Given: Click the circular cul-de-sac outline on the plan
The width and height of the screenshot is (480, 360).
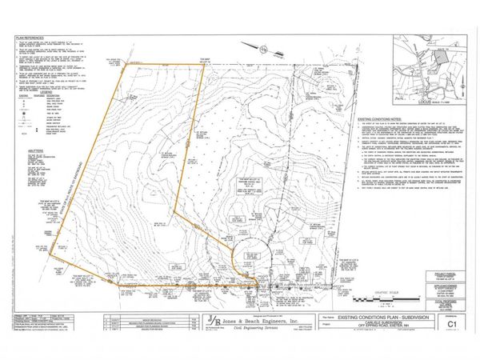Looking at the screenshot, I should (250, 260).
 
